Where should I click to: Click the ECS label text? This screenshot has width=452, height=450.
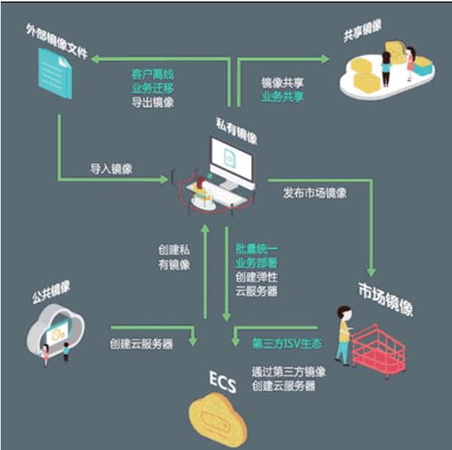tap(223, 382)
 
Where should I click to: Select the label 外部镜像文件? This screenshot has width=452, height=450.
tap(57, 42)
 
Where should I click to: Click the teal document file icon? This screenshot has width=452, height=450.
tap(55, 73)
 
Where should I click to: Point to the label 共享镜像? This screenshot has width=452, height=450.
tap(362, 31)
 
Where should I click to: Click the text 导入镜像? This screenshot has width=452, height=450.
tap(111, 168)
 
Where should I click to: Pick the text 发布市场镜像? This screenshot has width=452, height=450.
tap(314, 193)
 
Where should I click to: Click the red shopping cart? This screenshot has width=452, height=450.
tap(378, 350)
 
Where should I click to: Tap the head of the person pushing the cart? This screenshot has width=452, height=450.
tap(345, 313)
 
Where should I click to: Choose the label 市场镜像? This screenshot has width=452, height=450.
tap(386, 299)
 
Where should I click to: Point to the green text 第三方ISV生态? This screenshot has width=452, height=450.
tap(287, 343)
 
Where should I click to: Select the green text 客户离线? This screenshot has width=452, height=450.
tap(153, 74)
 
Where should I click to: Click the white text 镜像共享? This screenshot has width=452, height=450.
tap(283, 82)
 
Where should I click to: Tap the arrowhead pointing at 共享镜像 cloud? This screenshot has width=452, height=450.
tap(325, 59)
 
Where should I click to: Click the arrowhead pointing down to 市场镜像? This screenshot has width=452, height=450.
tap(371, 273)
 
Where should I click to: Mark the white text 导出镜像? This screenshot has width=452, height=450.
tap(153, 102)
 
